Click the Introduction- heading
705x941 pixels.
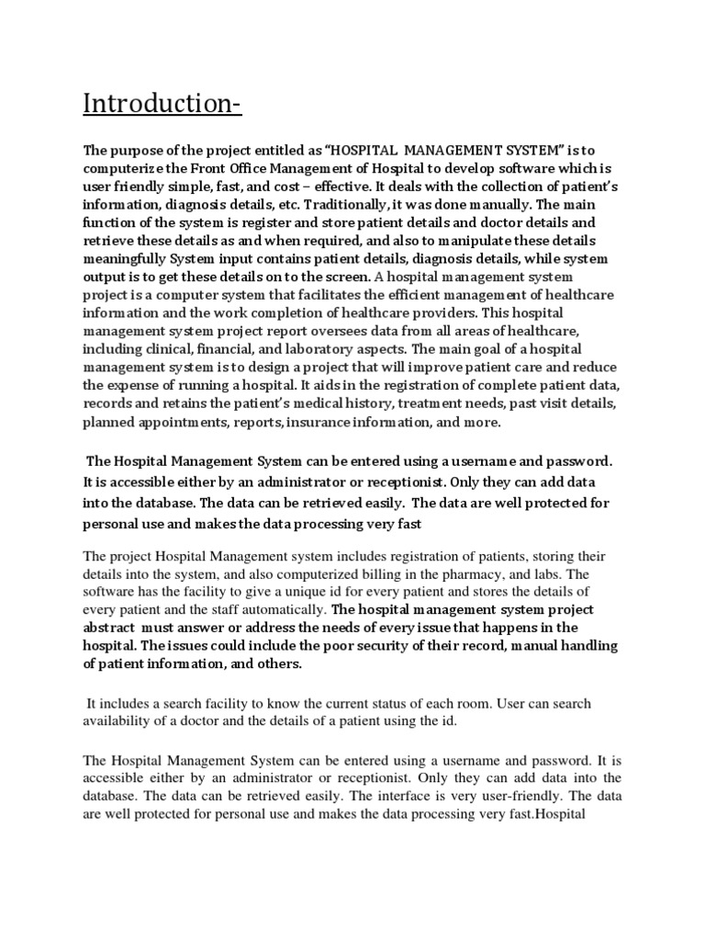click(162, 103)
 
